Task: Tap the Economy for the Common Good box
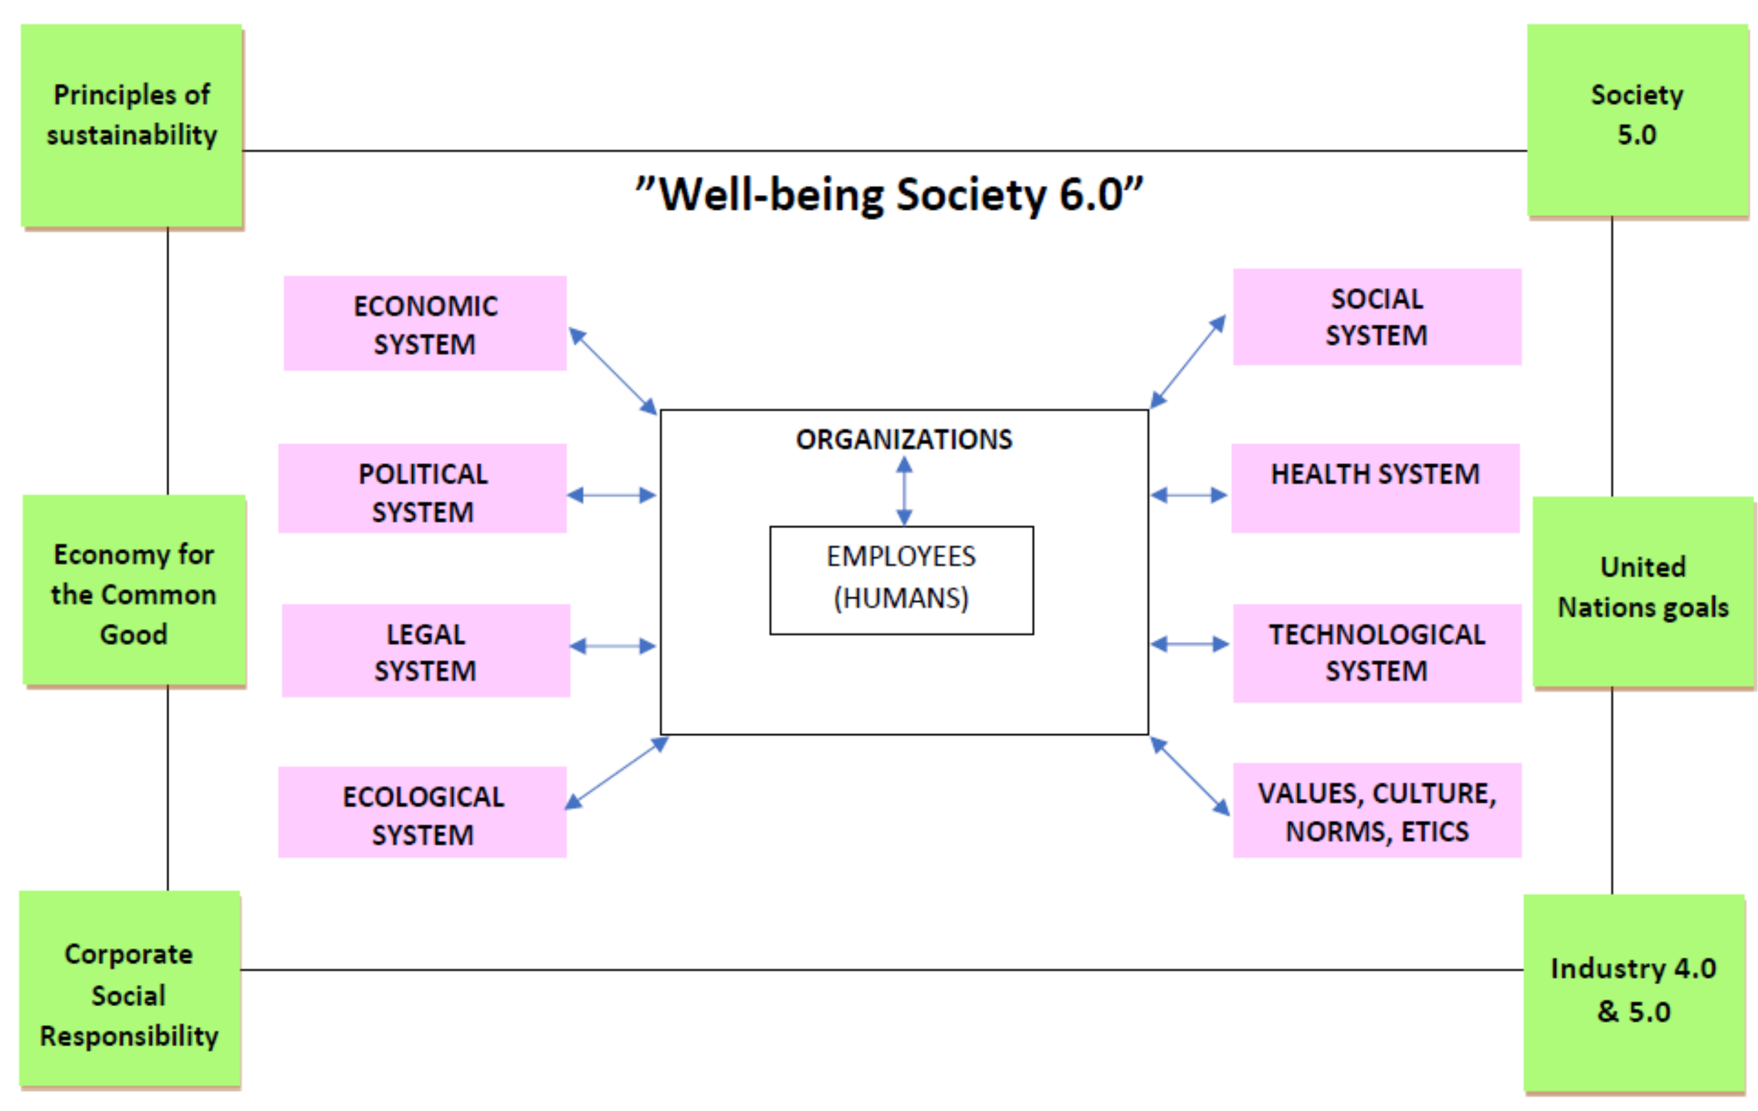[x=134, y=590]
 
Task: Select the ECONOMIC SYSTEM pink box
[x=425, y=323]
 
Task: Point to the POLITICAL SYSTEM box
[x=422, y=489]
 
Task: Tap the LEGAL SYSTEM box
[x=426, y=650]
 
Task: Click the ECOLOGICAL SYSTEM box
[x=422, y=812]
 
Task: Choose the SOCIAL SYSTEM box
[x=1377, y=317]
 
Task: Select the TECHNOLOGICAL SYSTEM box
[x=1377, y=653]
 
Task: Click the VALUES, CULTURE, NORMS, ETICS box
[x=1377, y=810]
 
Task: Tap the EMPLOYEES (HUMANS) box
[x=902, y=580]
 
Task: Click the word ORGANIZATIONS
[x=904, y=439]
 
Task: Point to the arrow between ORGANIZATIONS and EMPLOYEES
[x=904, y=490]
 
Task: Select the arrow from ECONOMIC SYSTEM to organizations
[x=613, y=371]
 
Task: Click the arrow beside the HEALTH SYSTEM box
[x=1189, y=496]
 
